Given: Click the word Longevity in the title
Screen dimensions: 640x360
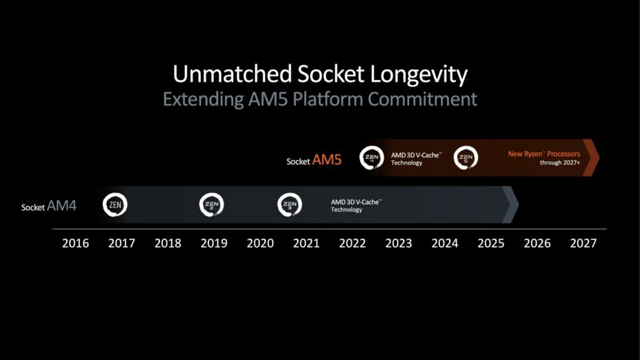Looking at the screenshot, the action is tap(419, 74).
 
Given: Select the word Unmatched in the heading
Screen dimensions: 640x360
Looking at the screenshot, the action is tap(232, 74).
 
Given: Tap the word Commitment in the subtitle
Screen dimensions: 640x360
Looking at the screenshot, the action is tap(422, 99).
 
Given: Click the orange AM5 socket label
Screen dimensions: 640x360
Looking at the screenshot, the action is tap(327, 159).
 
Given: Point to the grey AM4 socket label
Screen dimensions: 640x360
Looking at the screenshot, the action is tap(62, 205).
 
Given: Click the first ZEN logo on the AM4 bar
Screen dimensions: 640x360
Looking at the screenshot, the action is tap(115, 204).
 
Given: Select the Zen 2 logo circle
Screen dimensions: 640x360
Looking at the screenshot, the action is tap(211, 204).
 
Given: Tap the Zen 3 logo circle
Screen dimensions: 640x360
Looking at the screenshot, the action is tap(290, 204).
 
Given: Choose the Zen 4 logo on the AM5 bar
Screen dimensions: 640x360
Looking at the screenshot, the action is tap(371, 157).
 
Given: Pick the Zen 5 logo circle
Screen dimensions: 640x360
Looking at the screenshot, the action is tap(466, 157).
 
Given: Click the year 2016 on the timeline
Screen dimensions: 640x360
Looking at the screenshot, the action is tap(76, 243).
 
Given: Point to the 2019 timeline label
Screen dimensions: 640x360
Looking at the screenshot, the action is tap(214, 243).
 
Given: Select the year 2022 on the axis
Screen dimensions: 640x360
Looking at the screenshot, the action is tap(352, 243).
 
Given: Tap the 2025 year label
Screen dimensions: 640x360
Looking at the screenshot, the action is tap(491, 243).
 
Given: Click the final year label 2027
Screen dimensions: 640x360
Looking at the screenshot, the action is tap(583, 243).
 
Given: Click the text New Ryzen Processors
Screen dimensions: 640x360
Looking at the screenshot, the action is tap(544, 154).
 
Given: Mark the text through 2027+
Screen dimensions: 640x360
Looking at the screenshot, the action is tap(560, 162).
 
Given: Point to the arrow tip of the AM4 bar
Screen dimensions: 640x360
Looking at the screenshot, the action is tap(518, 204).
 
